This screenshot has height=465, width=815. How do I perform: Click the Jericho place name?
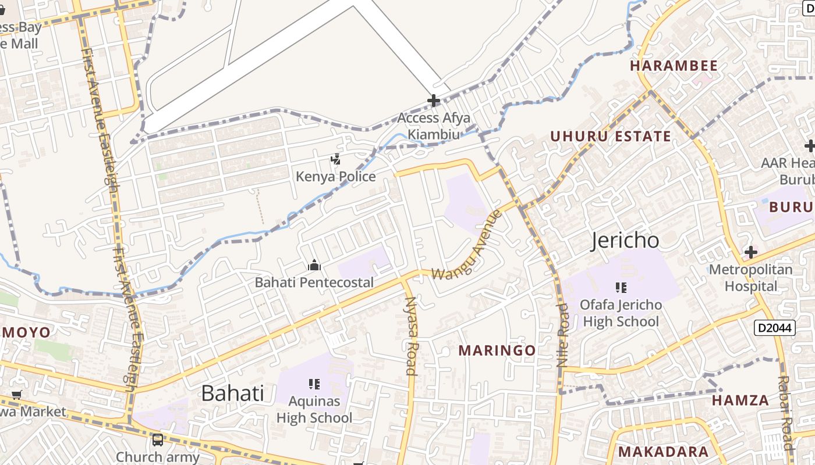tap(625, 240)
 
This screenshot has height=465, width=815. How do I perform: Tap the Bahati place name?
tap(232, 394)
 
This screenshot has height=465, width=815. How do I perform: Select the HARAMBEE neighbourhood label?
tap(674, 66)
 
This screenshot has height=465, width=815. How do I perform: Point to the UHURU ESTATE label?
tap(611, 137)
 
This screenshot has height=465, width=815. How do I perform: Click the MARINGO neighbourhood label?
tap(497, 350)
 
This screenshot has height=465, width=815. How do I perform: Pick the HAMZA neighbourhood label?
tap(740, 400)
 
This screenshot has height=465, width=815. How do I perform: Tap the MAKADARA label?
tap(663, 452)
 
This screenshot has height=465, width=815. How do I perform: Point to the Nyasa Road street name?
tap(411, 335)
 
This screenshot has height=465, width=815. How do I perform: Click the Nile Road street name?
tap(563, 334)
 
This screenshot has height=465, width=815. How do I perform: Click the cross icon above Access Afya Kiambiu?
tap(433, 101)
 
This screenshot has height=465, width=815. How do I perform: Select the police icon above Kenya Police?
tap(335, 159)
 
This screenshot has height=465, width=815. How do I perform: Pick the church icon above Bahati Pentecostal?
tap(314, 266)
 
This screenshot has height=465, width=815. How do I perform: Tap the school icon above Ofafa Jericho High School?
tap(621, 287)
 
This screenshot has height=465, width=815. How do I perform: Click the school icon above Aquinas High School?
tap(314, 384)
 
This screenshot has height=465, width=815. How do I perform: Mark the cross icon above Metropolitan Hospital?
tap(751, 252)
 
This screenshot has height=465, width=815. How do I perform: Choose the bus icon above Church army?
tap(157, 440)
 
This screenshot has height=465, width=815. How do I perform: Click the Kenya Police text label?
tap(335, 176)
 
